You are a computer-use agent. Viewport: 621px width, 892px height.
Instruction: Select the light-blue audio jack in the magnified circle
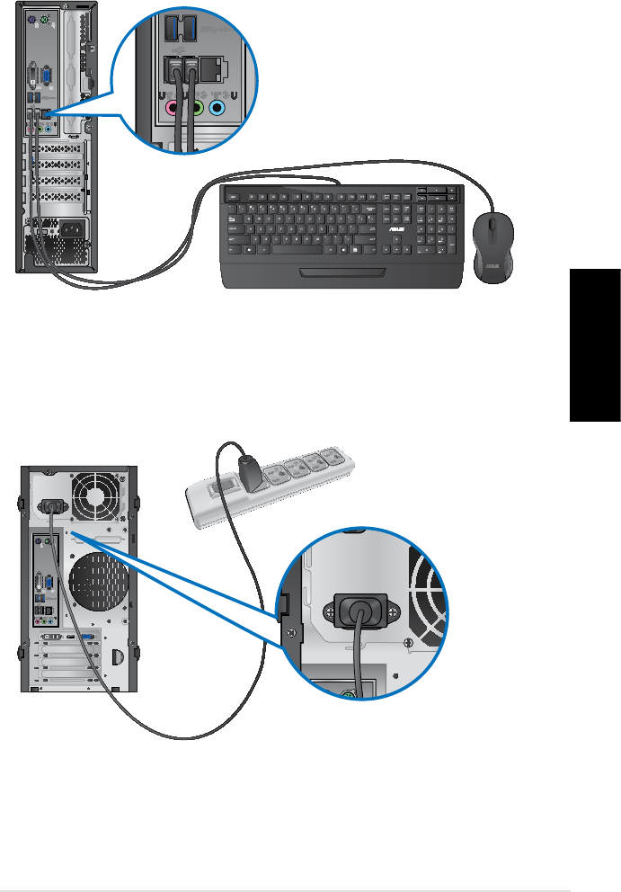point(216,106)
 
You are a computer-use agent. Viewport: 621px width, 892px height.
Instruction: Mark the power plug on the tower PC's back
point(51,509)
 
